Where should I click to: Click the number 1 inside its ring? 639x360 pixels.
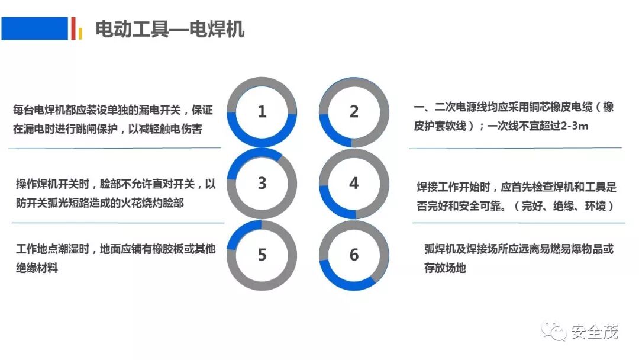coord(262,112)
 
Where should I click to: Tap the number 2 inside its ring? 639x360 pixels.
coord(354,112)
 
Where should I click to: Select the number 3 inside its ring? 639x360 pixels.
coord(262,184)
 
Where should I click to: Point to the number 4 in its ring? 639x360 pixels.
coord(354,184)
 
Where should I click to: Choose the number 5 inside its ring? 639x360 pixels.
coord(262,255)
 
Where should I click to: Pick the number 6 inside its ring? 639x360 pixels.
coord(354,255)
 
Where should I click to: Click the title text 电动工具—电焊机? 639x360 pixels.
coord(170,29)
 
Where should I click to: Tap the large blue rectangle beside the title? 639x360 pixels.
coord(35,28)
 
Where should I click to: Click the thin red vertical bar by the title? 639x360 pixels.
coord(73,28)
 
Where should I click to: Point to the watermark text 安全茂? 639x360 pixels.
coord(595,332)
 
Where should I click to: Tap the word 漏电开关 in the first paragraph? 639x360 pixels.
coord(158,110)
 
